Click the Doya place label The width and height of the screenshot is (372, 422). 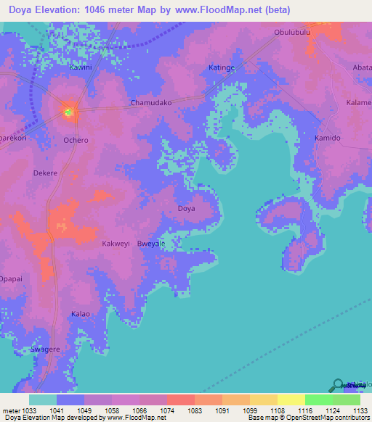pos(187,209)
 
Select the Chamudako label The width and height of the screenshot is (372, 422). pos(150,103)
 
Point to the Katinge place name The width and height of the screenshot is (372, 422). pos(222,68)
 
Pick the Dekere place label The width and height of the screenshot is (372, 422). pos(45,173)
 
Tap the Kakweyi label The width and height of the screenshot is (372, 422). pos(116,244)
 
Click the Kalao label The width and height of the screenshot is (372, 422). pos(80,314)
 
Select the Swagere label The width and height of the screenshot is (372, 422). pos(45,349)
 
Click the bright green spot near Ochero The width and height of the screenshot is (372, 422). pos(69,112)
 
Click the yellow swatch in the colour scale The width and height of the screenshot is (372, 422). pos(291,400)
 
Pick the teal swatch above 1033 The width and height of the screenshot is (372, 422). pos(42,400)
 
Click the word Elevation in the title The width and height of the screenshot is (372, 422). pos(65,10)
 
